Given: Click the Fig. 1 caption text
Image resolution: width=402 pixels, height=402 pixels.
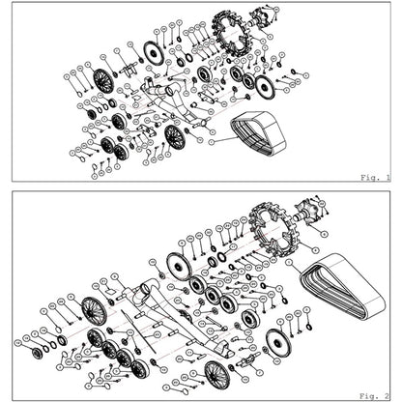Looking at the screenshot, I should point(375,178).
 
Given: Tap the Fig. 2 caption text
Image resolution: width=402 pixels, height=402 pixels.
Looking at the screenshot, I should point(375,395).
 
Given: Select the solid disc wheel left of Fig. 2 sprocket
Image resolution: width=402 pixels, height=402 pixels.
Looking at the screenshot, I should point(175,268).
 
